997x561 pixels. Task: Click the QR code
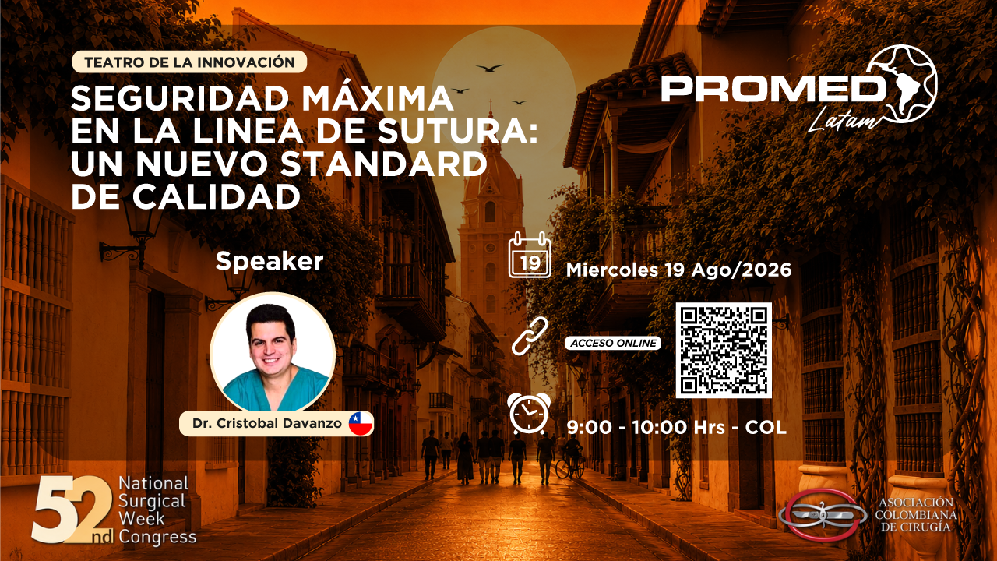(x=724, y=350)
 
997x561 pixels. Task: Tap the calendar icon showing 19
(x=530, y=255)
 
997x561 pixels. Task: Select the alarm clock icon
(x=529, y=414)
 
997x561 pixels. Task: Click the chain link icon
(x=530, y=336)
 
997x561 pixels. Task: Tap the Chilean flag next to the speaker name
(x=361, y=423)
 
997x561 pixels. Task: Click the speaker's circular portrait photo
(x=273, y=351)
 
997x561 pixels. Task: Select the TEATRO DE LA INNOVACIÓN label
(x=189, y=62)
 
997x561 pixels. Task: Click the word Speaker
(x=270, y=261)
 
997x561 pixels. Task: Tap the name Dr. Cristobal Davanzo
(x=267, y=423)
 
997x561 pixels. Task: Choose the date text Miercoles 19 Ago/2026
(x=678, y=270)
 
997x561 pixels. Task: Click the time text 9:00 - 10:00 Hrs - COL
(x=677, y=428)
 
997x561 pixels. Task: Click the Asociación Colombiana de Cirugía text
(x=916, y=515)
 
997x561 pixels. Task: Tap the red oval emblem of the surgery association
(x=823, y=515)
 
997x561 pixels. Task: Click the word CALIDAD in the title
(x=217, y=197)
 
